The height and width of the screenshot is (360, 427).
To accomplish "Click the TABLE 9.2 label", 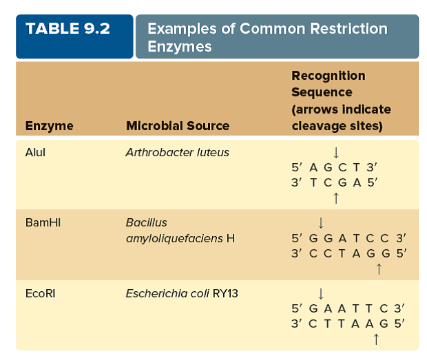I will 67,30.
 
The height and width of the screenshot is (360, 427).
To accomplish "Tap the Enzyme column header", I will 50,126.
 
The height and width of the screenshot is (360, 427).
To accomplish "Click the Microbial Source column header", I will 178,126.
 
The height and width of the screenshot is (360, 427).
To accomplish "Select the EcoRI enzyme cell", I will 40,293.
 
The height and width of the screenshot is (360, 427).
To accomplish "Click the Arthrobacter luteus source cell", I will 177,152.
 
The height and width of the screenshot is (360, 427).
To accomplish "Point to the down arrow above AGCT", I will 335,152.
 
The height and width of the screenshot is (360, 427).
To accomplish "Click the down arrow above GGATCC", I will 321,222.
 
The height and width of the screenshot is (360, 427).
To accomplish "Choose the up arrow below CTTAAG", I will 375,339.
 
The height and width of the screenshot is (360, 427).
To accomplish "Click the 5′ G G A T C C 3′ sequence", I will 349,238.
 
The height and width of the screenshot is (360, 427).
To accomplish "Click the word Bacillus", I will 146,223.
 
